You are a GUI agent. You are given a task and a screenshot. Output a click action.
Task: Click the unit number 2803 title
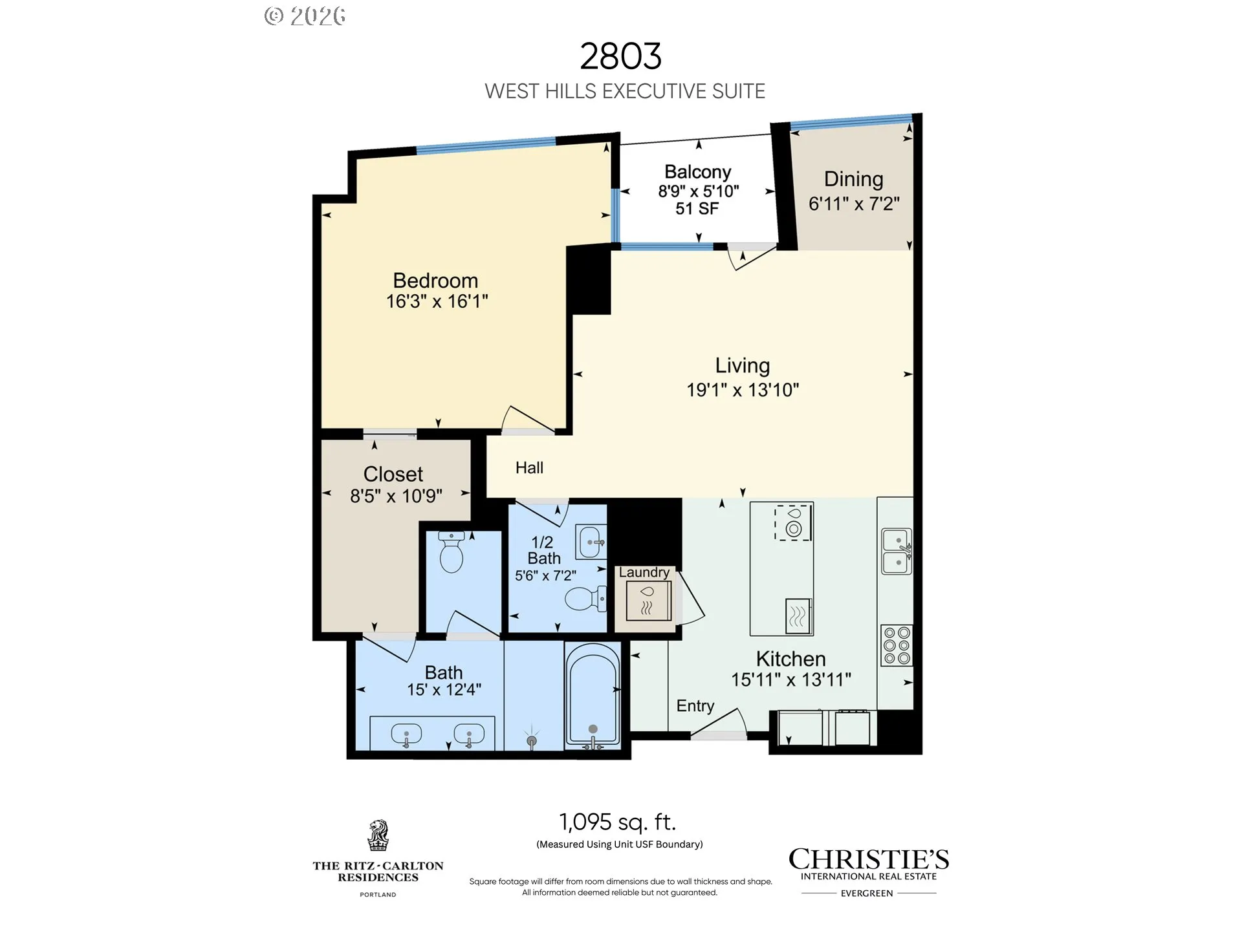click(x=620, y=56)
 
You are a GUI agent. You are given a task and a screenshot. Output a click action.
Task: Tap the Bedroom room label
click(x=435, y=281)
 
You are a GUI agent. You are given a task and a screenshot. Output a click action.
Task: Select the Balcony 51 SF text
click(x=697, y=208)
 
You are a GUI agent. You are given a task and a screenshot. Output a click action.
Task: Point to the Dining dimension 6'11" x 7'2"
click(x=854, y=204)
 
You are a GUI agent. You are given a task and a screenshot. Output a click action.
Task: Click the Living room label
click(x=743, y=366)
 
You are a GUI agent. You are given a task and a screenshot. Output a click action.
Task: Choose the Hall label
click(x=529, y=467)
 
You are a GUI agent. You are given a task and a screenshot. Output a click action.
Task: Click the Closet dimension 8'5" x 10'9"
click(x=396, y=496)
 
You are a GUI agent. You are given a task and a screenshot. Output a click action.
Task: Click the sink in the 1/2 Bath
click(x=592, y=541)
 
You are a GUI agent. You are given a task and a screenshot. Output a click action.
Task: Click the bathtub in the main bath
click(x=593, y=696)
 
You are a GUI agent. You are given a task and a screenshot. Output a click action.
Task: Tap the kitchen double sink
click(x=897, y=551)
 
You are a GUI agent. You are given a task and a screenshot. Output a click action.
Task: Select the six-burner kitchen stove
click(x=897, y=645)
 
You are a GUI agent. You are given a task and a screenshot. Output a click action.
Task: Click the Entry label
click(x=695, y=706)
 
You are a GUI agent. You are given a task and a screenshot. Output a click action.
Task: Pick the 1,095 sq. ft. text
click(x=618, y=822)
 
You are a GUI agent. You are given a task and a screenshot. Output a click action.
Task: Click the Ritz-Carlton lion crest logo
click(x=378, y=835)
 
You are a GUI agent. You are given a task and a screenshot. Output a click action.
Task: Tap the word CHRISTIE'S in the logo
click(x=869, y=859)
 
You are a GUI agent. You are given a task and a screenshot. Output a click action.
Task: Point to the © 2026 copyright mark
click(x=305, y=16)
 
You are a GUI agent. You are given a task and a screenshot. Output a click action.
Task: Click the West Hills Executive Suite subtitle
click(x=625, y=91)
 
